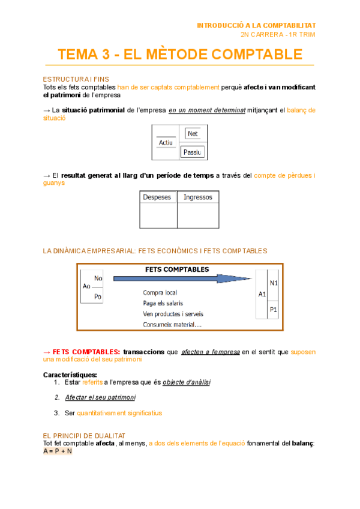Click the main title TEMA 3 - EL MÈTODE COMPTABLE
coord(180,55)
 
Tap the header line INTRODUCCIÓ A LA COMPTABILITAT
coord(256,25)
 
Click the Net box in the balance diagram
coord(193,133)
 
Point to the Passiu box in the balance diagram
coord(193,152)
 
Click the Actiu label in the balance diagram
coord(165,143)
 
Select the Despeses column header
coord(157,197)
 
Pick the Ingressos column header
coord(197,197)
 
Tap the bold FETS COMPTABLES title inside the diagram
coord(177,270)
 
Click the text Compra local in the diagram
coord(160,293)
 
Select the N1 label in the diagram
coord(274,283)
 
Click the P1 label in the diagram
coord(274,310)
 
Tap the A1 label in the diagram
coord(262,295)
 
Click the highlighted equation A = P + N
coord(57,451)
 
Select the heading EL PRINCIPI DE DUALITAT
coord(84,435)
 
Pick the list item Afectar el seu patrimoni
coord(100,397)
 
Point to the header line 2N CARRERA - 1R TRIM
coord(278,34)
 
